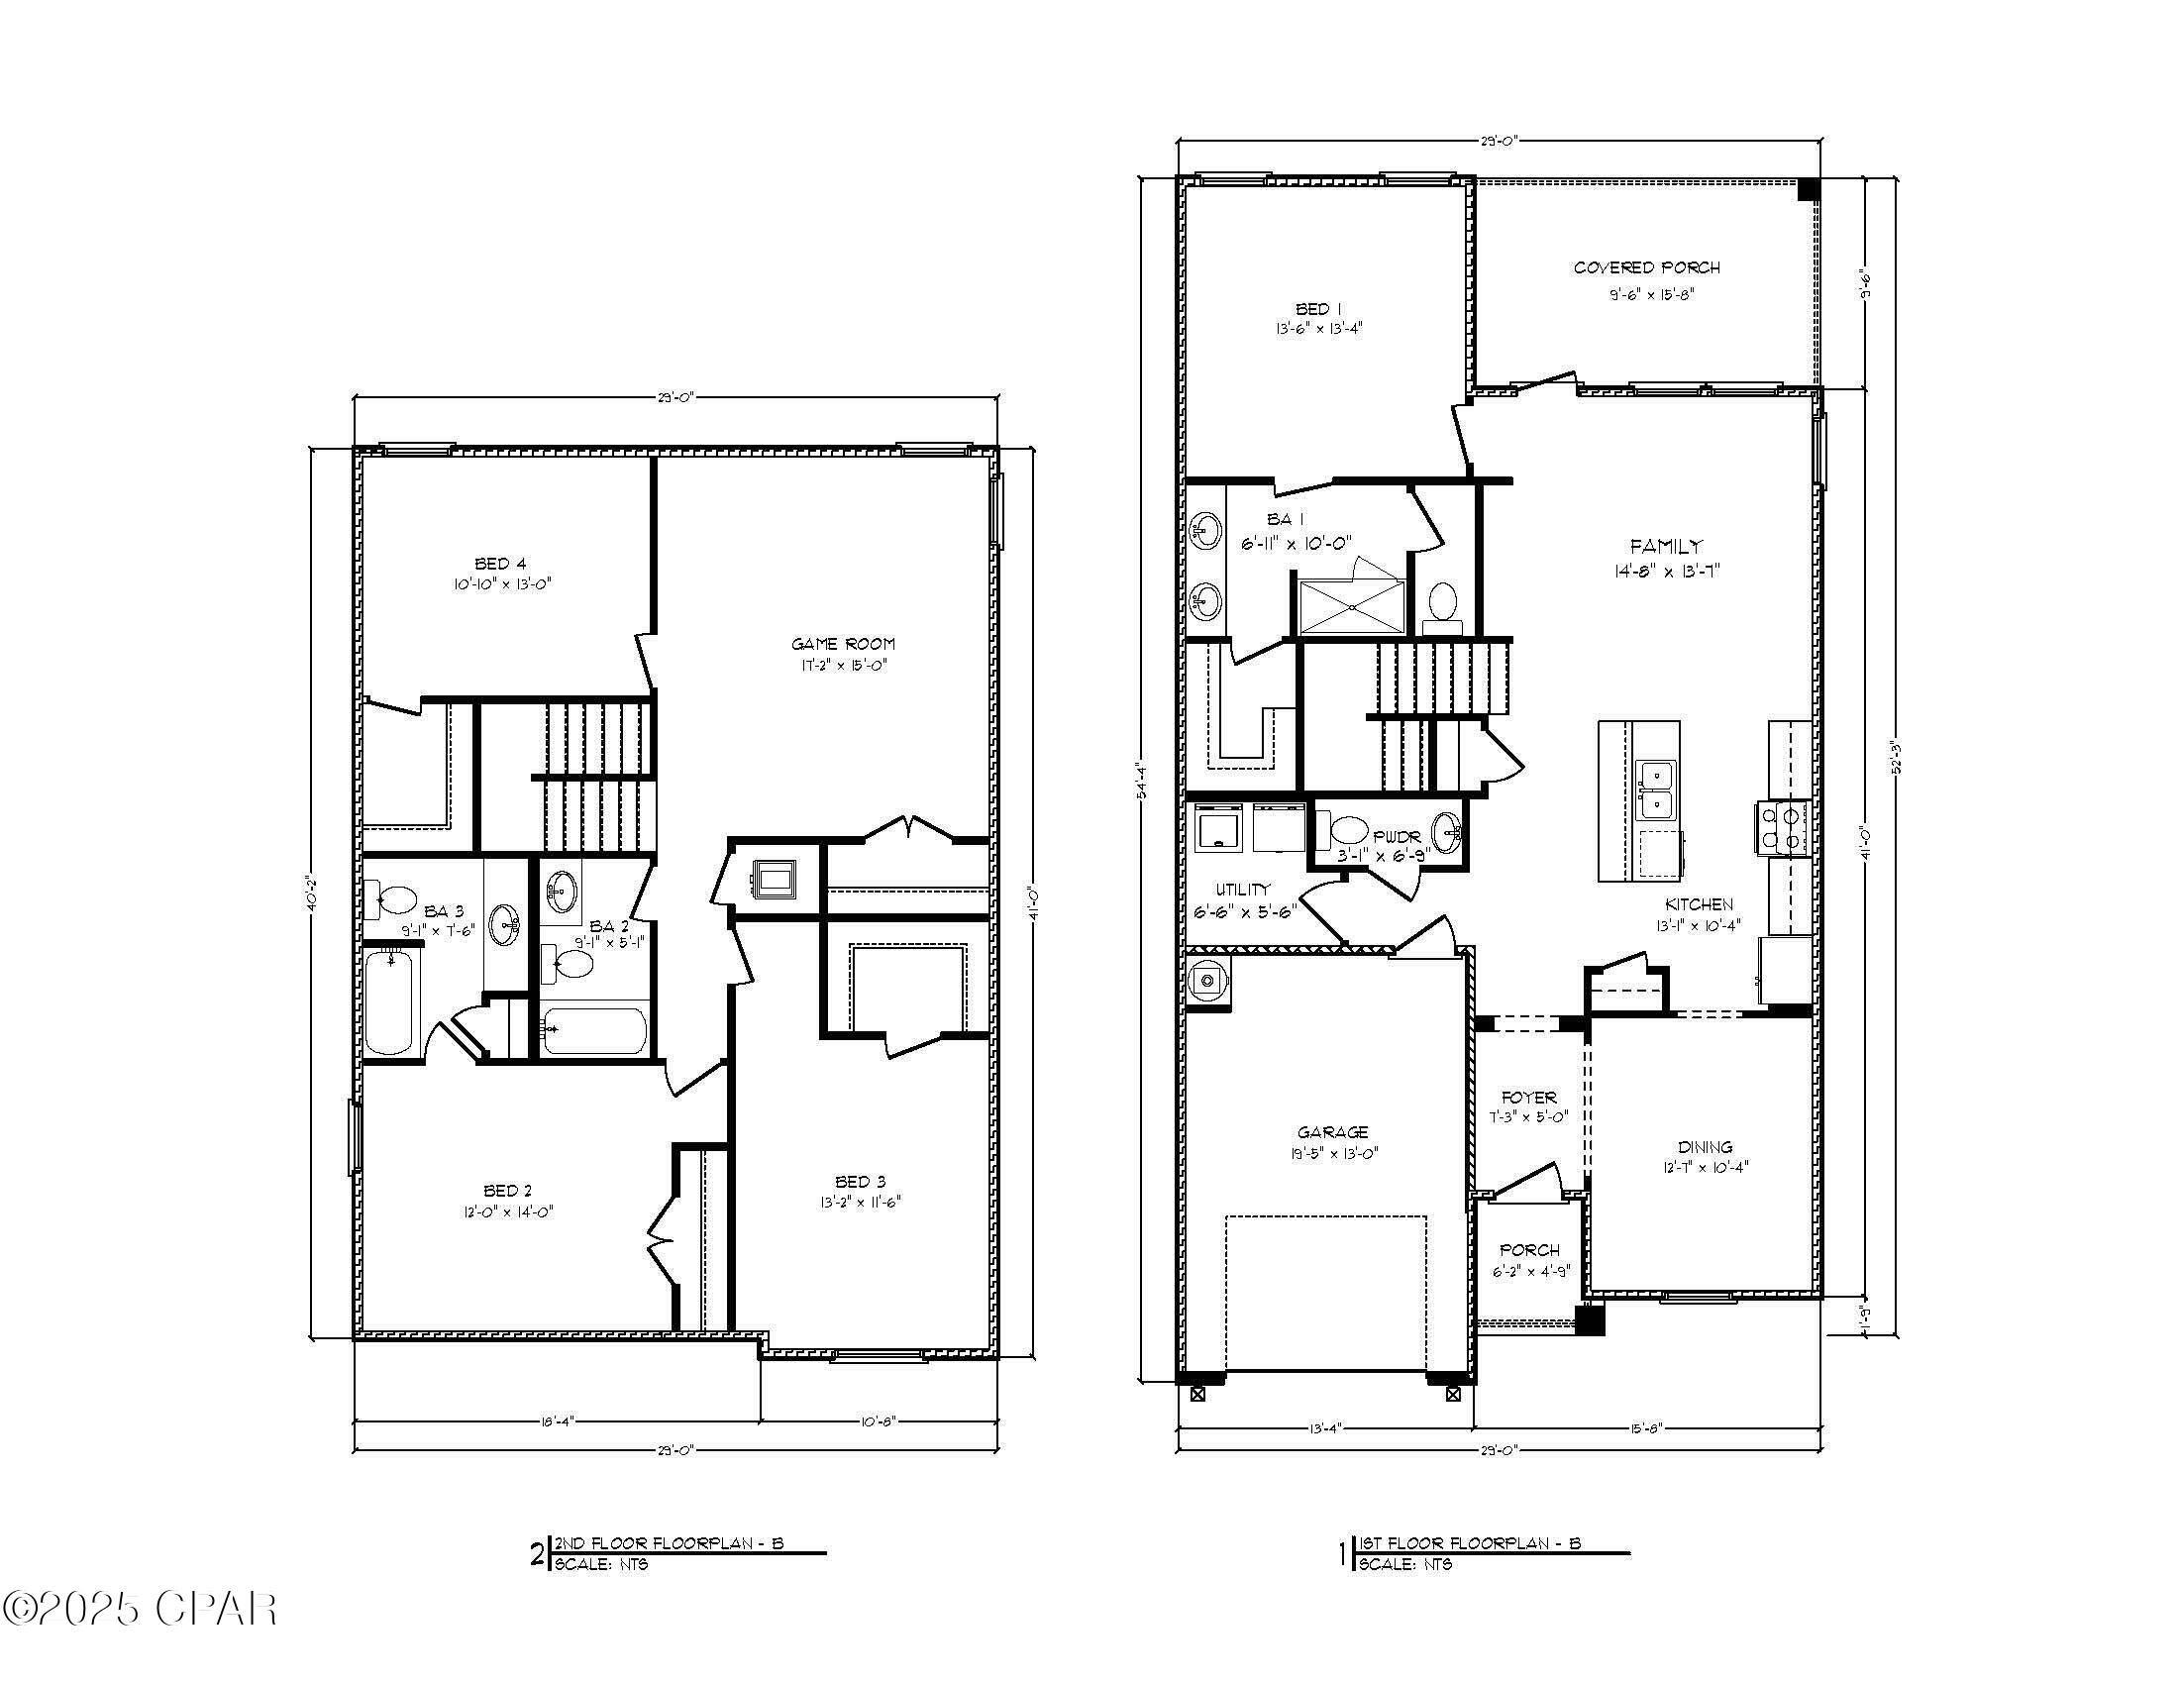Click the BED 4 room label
500,564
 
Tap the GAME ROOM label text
843,644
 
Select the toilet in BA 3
391,898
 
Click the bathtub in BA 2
594,1030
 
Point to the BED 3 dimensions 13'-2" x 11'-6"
854,1203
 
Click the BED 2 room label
507,1190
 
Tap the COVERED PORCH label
1646,267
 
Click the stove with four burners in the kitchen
1782,828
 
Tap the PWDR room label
1396,837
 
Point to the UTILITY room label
1242,889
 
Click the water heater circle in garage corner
1208,982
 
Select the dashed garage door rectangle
1325,1292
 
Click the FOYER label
1528,1098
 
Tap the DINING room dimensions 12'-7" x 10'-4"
1705,1166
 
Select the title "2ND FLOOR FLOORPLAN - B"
669,1543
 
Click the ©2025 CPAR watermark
140,1608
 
